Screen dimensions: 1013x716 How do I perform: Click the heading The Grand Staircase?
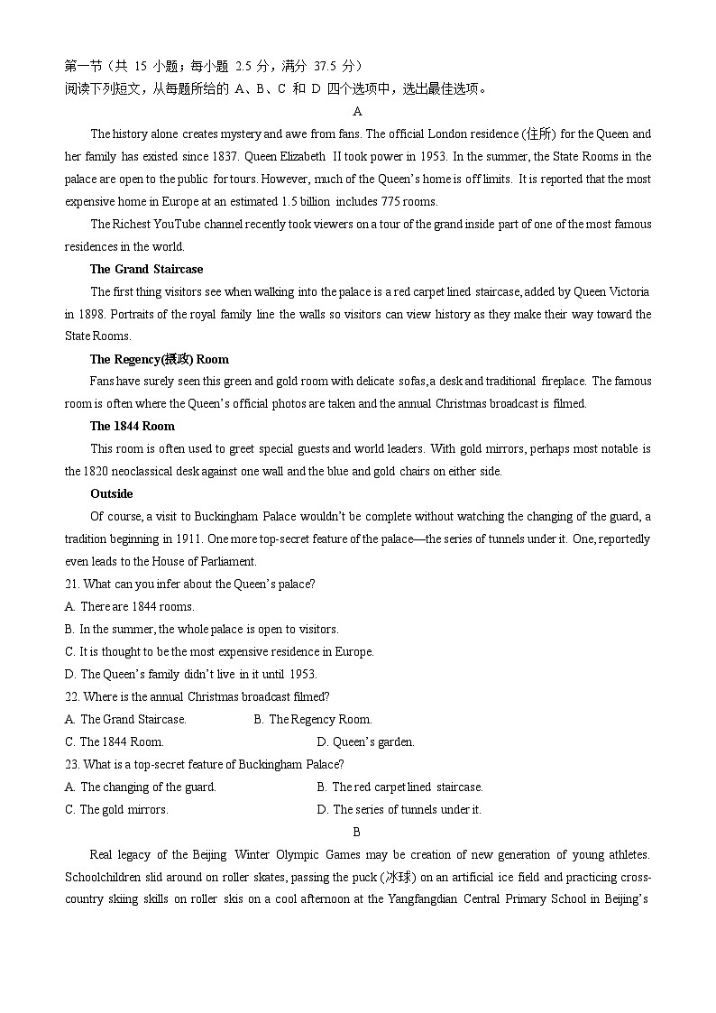coord(146,269)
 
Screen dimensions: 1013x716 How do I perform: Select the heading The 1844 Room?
coord(132,426)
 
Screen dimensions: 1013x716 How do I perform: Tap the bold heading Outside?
coord(111,493)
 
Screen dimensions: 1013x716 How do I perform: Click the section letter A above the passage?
coord(357,111)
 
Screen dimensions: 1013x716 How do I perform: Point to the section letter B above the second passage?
coord(357,832)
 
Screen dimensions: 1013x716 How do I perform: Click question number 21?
coord(72,584)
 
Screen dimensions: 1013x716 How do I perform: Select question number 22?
coord(72,696)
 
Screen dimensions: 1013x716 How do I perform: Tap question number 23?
coord(72,764)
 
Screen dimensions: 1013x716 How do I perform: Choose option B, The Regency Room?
coord(313,719)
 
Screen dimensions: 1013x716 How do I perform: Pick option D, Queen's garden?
coord(365,741)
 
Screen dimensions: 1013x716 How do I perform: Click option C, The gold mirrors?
coord(116,809)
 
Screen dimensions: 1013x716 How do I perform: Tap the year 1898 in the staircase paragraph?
coord(88,314)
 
